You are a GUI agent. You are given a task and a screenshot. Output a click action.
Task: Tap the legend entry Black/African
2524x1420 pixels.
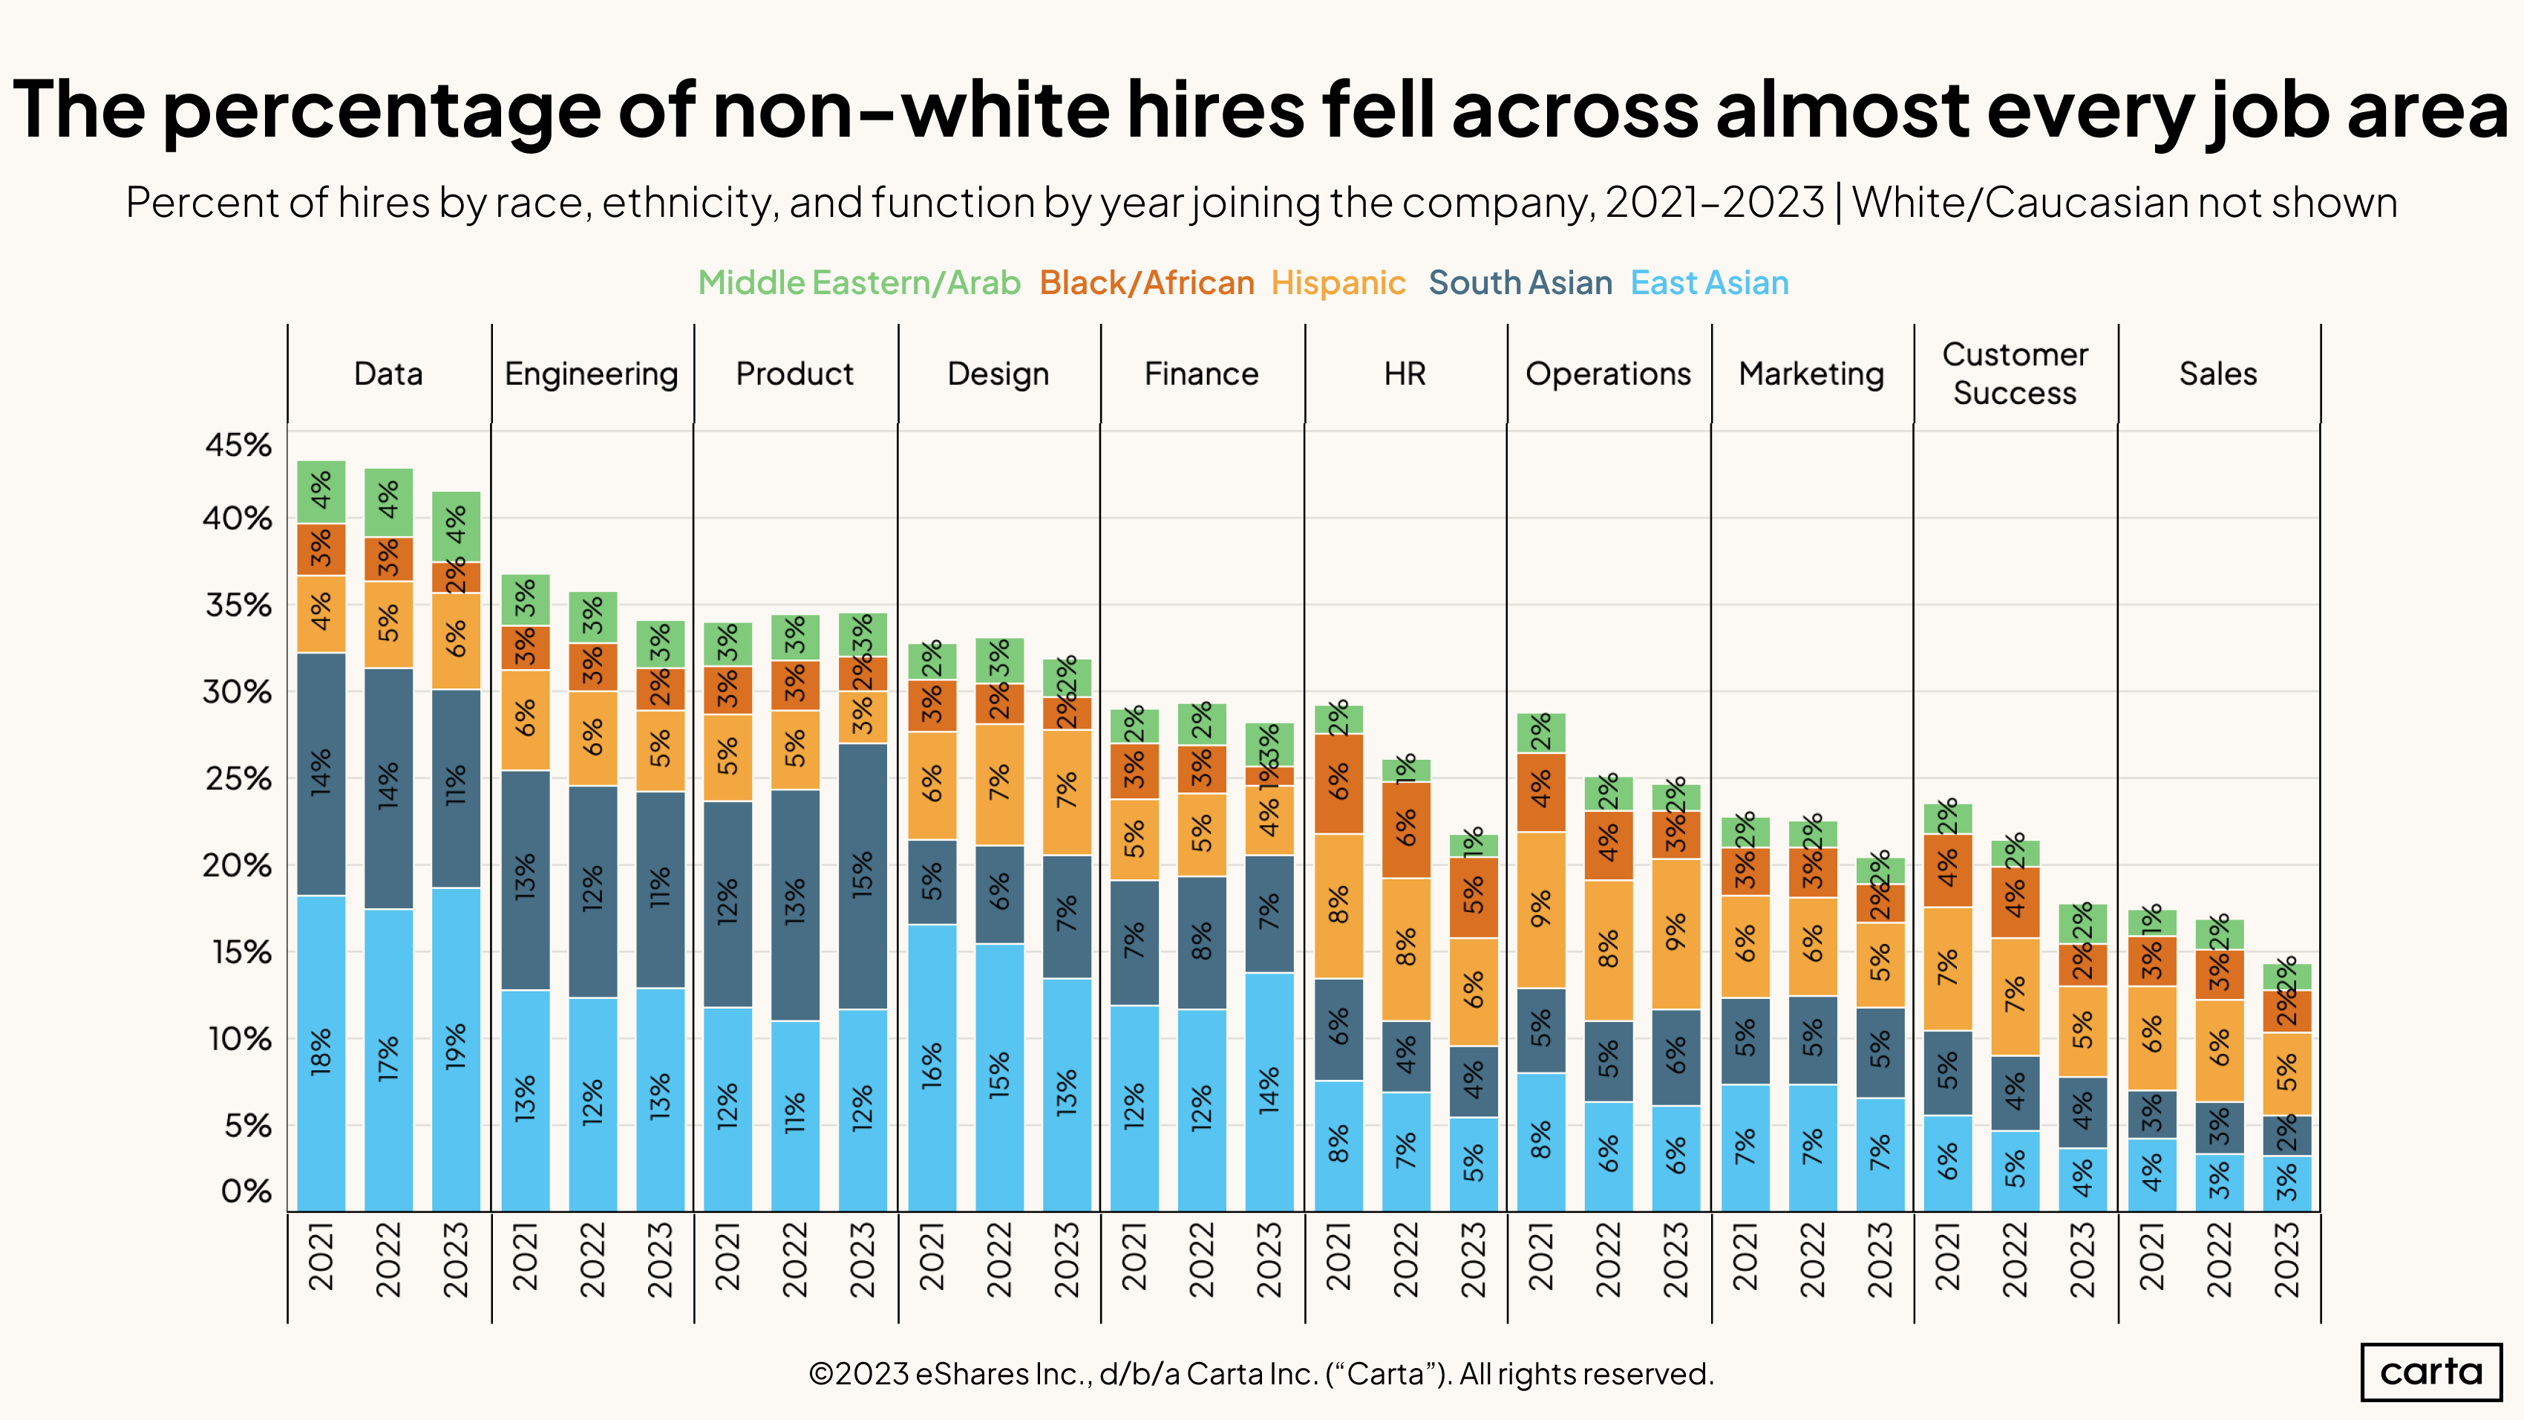click(1146, 283)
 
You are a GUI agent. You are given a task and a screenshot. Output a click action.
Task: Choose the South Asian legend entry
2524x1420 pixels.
click(1520, 283)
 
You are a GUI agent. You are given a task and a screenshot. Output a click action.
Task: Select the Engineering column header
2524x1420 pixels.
click(591, 374)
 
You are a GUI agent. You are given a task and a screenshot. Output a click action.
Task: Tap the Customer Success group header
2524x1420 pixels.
click(2015, 374)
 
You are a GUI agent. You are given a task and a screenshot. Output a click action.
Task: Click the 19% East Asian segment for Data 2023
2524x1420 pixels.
click(457, 1049)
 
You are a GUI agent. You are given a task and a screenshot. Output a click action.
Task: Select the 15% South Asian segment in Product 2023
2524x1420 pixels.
click(862, 876)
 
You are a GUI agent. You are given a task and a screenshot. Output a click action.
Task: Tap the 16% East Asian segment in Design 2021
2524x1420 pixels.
click(932, 1067)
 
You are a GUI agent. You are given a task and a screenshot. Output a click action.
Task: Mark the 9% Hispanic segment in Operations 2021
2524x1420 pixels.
click(1541, 910)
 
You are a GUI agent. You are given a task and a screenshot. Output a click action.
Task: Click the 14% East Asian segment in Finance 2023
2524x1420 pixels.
click(1269, 1091)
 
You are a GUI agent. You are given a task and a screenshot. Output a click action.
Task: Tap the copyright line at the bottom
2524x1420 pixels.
click(1261, 1374)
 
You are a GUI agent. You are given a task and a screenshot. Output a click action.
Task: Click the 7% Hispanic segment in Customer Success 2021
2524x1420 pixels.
click(1948, 968)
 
